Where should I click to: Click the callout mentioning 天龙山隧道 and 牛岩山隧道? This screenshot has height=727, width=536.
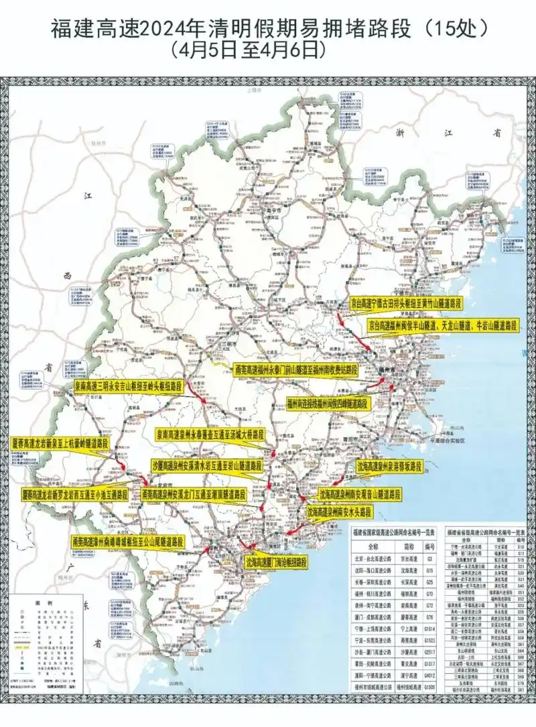click(443, 325)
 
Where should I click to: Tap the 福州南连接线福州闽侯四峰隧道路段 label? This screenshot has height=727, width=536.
click(327, 404)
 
